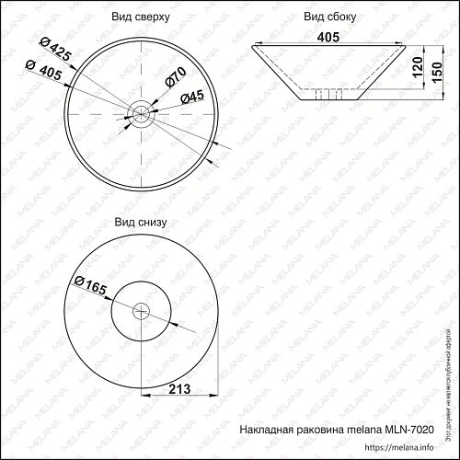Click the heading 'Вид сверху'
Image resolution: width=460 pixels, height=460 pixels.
(141, 17)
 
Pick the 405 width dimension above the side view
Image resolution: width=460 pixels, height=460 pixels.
(329, 37)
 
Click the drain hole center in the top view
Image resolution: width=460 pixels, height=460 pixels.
(141, 114)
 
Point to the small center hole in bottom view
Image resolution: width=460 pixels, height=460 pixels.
(141, 311)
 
